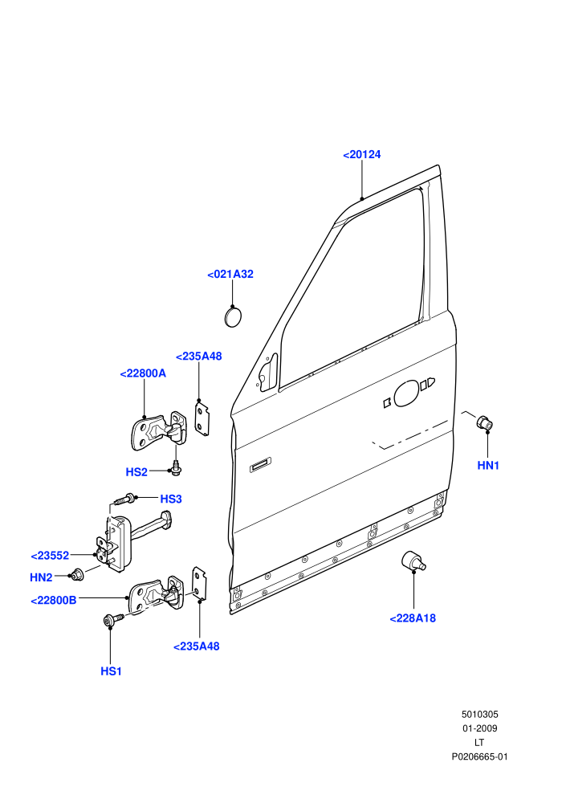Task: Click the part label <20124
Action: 362,155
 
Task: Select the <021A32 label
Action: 230,275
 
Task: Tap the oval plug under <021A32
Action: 233,317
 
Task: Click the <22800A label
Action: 143,373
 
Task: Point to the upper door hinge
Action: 158,431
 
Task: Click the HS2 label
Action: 136,472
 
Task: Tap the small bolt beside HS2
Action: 177,468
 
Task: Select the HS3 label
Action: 171,499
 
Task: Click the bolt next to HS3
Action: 125,499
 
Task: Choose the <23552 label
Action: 50,556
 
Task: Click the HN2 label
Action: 41,577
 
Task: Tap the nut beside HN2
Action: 77,574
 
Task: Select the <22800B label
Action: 54,601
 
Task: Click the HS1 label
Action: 111,671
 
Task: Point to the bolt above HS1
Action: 113,620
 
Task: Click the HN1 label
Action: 488,466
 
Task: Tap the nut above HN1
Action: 484,422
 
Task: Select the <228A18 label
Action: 413,618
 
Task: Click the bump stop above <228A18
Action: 413,561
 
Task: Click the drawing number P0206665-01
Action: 479,757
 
